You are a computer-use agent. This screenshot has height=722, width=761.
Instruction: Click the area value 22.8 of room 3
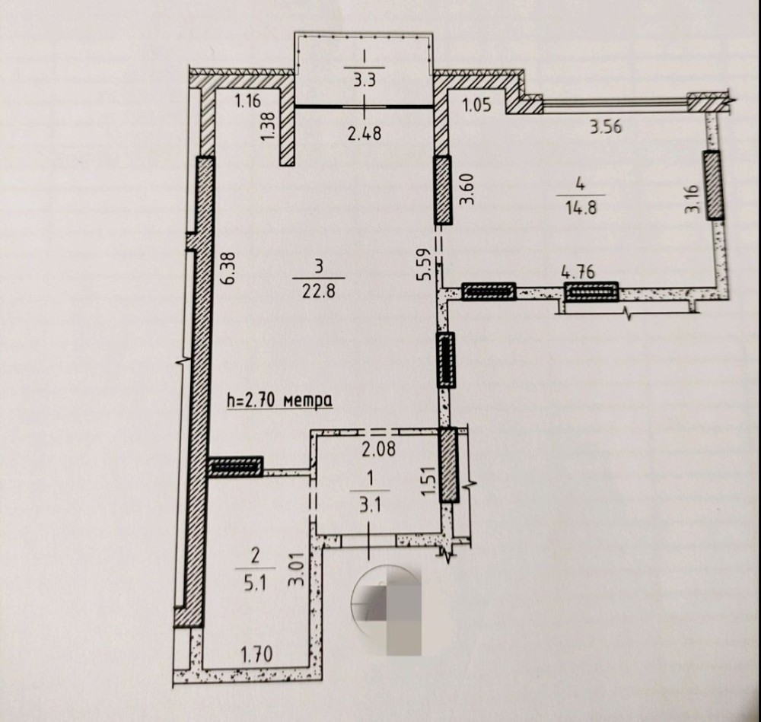(320, 290)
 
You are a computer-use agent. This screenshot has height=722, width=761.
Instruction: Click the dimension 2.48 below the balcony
(364, 133)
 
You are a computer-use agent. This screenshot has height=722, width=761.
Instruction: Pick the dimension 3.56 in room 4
(606, 127)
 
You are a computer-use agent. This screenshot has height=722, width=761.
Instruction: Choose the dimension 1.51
(427, 482)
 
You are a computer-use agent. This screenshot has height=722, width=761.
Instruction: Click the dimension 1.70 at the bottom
(257, 653)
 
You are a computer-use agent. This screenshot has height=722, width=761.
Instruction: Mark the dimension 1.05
(477, 106)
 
